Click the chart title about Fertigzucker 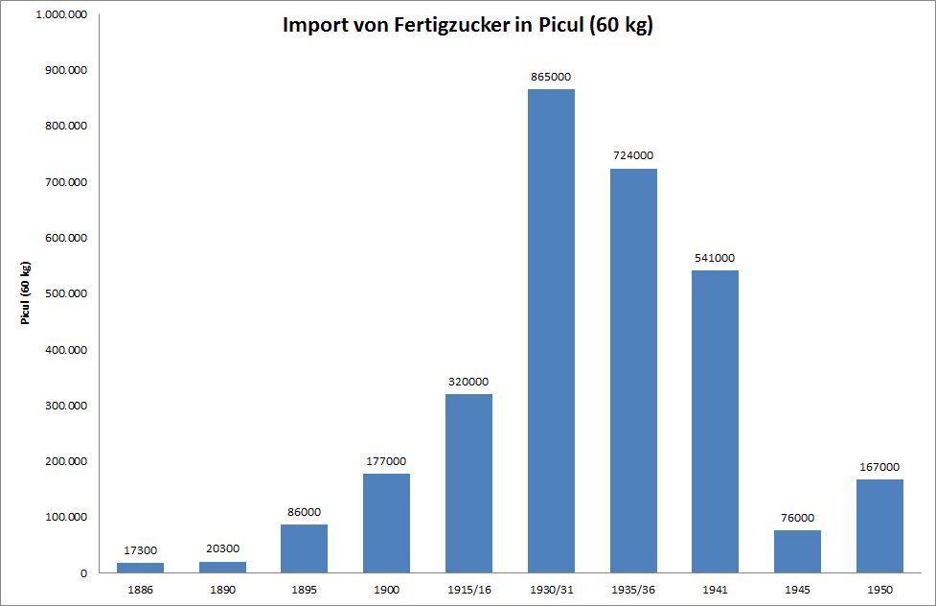point(468,25)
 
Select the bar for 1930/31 point(551,331)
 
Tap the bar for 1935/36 point(633,370)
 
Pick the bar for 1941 point(715,421)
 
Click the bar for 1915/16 point(468,483)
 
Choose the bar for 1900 point(386,523)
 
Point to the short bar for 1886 point(140,568)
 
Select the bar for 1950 point(879,525)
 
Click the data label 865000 point(551,77)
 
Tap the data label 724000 point(633,155)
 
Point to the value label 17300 point(140,550)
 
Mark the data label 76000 point(797,518)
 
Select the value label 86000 point(304,512)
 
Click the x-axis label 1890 point(222,589)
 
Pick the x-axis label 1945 point(797,589)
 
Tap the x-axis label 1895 point(304,589)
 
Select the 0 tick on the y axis point(85,572)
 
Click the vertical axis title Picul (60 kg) point(26,292)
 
